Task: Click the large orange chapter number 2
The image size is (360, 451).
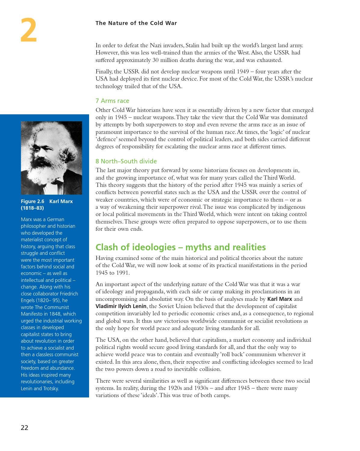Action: [x=29, y=30]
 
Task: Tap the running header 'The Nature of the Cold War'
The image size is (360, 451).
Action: [x=136, y=23]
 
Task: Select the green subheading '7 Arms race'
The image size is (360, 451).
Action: [x=112, y=101]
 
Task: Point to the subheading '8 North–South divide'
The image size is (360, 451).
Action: [x=126, y=161]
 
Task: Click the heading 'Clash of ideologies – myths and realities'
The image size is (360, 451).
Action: [x=181, y=247]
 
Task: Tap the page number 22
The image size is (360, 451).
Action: [x=24, y=428]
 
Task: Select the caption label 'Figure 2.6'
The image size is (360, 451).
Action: [x=33, y=201]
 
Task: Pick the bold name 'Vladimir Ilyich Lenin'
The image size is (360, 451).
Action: [x=121, y=306]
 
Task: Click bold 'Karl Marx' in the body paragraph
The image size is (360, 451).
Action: [x=280, y=299]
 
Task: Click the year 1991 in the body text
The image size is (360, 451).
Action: [x=123, y=273]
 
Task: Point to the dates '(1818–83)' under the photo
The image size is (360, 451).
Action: [x=32, y=208]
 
